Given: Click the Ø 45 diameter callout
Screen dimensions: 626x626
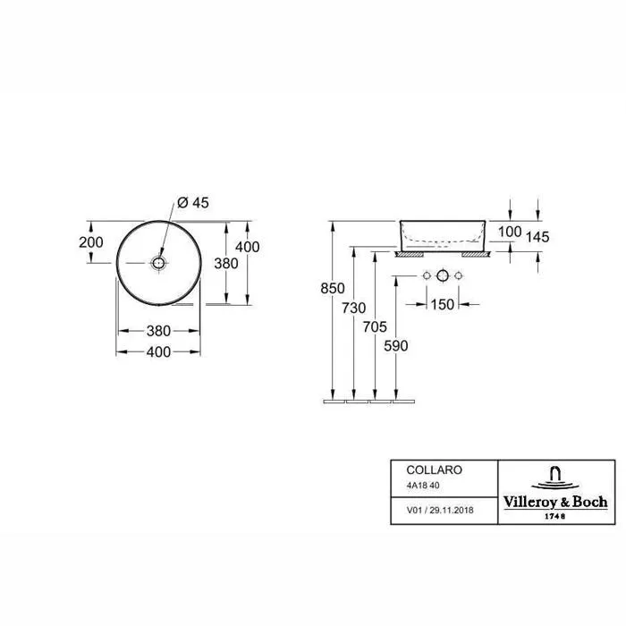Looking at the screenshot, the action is point(193,203).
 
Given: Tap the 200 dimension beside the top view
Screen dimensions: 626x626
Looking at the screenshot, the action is point(91,242).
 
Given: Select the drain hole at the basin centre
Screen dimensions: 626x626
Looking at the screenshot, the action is point(158,263).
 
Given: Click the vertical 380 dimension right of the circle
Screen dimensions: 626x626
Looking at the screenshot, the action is point(226,264).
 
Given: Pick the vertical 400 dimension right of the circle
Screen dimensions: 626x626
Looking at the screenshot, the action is point(248,247).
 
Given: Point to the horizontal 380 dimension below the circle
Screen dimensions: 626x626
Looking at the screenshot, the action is point(158,331).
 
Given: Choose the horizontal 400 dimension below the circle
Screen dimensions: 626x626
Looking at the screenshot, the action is point(158,352).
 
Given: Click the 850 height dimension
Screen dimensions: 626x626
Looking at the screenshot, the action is point(333,288).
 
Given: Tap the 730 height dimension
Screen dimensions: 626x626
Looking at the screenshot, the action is point(354,308).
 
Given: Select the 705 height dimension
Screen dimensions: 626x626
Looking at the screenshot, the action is point(375,327).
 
